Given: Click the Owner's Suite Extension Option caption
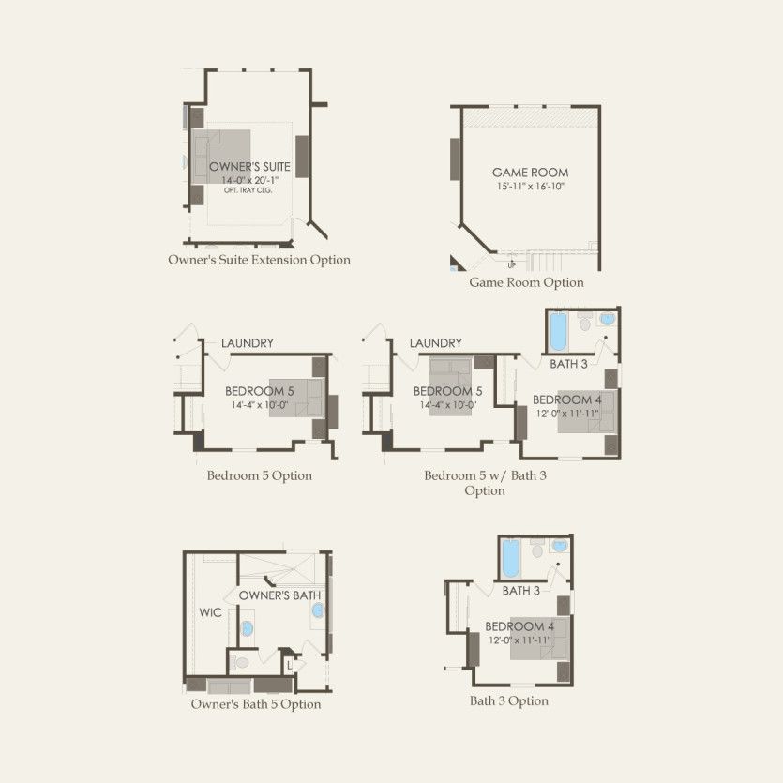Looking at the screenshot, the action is point(259,260).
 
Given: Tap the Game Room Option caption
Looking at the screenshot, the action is point(526,282).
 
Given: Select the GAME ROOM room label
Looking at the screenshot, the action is point(531,173).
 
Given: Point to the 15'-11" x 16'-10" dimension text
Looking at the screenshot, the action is point(531,187).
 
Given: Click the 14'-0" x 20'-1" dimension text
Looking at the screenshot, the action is point(249,180).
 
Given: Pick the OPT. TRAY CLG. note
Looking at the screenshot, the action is point(248,190).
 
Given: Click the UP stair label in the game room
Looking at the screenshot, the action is point(512,265).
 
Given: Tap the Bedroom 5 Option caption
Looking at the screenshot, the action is point(260,475).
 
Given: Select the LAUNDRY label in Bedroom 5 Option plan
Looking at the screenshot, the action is point(248,343).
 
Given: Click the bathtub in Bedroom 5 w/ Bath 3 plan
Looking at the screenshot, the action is point(558,331).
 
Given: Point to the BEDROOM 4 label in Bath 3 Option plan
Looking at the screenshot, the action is point(519,626).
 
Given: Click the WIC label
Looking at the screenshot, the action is point(210,612).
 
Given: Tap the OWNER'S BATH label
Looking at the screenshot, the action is point(279,595).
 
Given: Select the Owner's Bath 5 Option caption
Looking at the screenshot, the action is point(256,704).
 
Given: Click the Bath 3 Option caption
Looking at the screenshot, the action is point(509,700).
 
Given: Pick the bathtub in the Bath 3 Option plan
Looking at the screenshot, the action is point(511,558).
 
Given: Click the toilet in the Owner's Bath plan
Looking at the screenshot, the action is point(241,663).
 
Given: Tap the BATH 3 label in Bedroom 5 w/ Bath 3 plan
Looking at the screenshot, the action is point(569,364).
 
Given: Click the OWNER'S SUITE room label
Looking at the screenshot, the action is point(249,167).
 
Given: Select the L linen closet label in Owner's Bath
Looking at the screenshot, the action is point(289,666).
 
